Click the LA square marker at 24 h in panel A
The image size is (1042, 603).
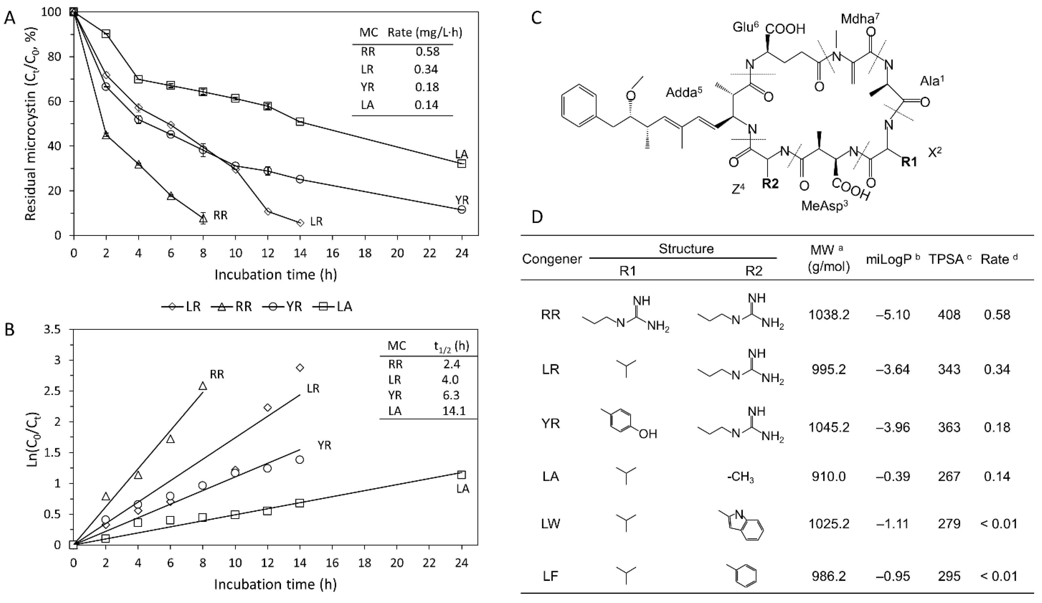tap(462, 163)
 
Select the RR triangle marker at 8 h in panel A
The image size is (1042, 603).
tap(203, 219)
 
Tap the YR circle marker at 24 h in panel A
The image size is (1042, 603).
tap(462, 210)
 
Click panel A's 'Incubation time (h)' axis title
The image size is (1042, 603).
tap(275, 274)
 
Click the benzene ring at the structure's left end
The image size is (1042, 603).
tap(579, 105)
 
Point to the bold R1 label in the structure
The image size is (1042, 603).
tap(909, 162)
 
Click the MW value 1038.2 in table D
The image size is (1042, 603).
tap(829, 315)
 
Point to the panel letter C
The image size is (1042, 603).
tap(536, 18)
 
